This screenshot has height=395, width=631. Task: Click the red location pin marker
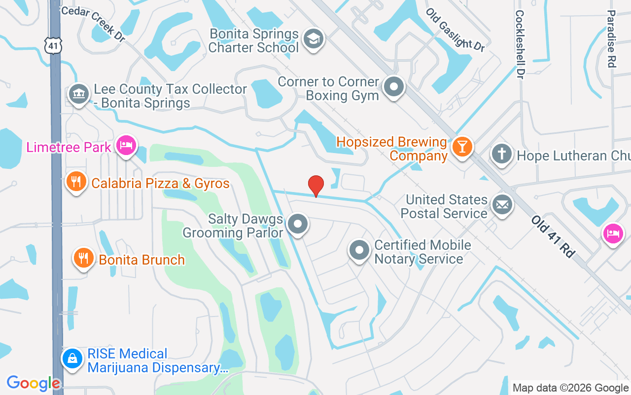[315, 186]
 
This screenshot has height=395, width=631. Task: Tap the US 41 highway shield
[51, 45]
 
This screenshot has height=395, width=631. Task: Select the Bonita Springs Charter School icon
[313, 39]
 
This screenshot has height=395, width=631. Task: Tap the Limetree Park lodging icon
[127, 146]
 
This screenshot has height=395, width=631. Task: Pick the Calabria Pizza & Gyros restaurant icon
[76, 182]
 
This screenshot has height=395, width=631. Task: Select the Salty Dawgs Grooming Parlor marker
[297, 224]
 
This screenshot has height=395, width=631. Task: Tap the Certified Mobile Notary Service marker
[359, 250]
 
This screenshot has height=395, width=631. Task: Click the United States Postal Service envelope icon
[502, 205]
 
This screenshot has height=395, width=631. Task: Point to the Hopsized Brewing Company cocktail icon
[462, 147]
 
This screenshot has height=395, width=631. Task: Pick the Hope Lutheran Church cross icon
[502, 155]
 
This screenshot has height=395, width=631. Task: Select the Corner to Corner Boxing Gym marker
[393, 87]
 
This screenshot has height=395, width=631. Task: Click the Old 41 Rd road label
[553, 236]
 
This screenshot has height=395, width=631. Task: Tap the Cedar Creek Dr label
[93, 23]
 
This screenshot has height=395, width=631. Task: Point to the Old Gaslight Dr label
[455, 30]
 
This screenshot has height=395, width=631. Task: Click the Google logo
[34, 383]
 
